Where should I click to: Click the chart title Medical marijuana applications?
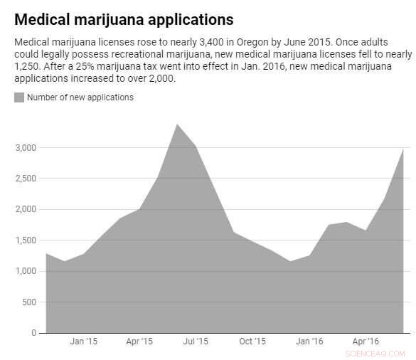tap(124, 19)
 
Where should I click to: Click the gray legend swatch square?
tap(19, 97)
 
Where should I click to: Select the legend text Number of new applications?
tap(80, 97)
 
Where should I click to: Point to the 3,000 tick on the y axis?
tap(26, 147)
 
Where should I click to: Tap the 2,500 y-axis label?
tap(26, 179)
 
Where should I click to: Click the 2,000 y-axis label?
tap(26, 209)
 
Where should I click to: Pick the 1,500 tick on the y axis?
tap(26, 240)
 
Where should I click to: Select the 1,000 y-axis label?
tap(26, 271)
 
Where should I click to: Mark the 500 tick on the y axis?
tap(29, 302)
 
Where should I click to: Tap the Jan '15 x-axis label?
tap(84, 342)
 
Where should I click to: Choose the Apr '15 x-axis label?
tap(139, 342)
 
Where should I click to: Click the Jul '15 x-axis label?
tap(196, 342)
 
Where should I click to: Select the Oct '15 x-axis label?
tap(252, 342)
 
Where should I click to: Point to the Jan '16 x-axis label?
tap(309, 342)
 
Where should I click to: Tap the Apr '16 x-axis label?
tap(366, 342)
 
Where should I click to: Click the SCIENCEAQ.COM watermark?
tap(375, 354)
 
